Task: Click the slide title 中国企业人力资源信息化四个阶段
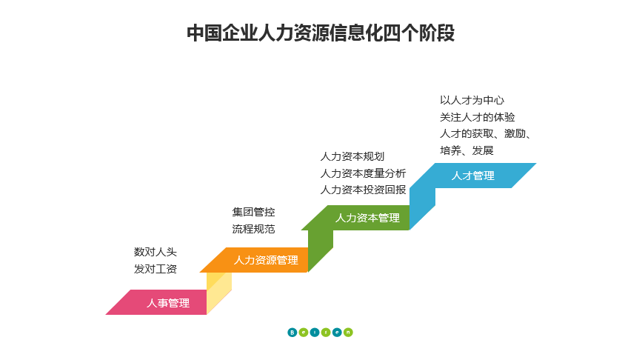(321, 33)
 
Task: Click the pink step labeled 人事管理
(168, 303)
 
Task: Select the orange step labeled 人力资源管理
(266, 260)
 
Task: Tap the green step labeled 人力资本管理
(367, 218)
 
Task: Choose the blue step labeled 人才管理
(473, 176)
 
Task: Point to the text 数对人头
(156, 253)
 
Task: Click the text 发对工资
(156, 269)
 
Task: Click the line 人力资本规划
(352, 156)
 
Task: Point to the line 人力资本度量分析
(363, 173)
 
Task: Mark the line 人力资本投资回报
(363, 189)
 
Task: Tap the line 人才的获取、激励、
(485, 133)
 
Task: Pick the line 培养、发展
(467, 150)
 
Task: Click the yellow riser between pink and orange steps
(219, 290)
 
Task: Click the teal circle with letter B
(292, 332)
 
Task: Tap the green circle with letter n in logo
(348, 332)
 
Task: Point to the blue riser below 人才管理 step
(422, 207)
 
